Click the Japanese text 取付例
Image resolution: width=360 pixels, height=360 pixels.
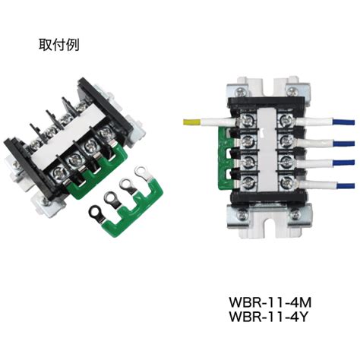click(x=58, y=45)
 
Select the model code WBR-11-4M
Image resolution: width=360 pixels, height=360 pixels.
click(x=270, y=302)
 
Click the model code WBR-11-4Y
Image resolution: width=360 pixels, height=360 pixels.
click(x=269, y=316)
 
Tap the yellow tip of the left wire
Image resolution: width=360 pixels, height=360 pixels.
click(x=191, y=122)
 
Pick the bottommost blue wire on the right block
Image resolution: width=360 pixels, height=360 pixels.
click(x=344, y=186)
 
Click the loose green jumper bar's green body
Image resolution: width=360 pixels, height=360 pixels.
click(x=134, y=211)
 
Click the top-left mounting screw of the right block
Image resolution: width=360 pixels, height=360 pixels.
click(x=241, y=90)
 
